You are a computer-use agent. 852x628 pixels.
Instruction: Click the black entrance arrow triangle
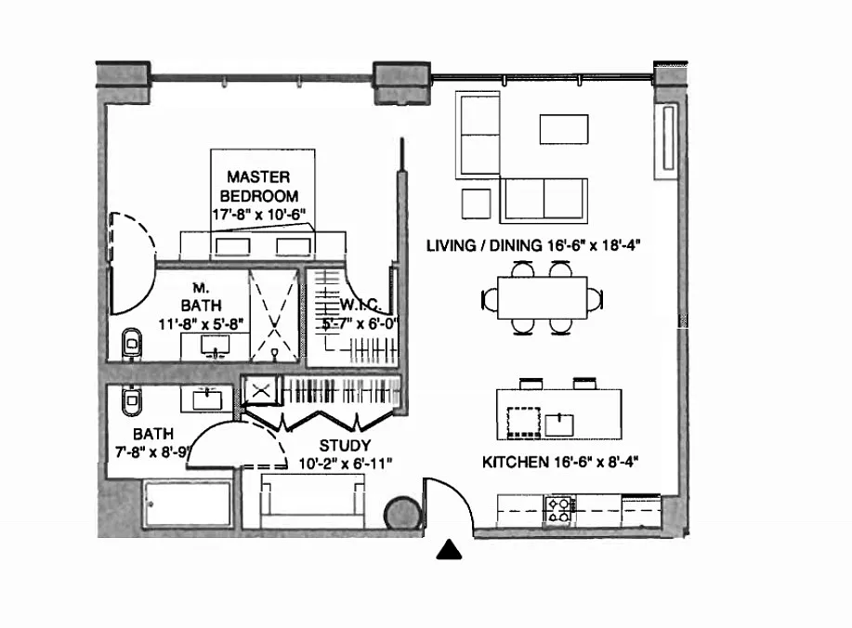[x=450, y=551]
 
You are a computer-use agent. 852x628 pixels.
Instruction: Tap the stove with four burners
[x=558, y=508]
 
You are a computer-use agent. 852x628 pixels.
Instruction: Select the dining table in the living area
[x=544, y=298]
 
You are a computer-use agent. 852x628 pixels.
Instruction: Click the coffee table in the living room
[x=564, y=128]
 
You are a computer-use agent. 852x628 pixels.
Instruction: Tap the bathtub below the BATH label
[x=187, y=505]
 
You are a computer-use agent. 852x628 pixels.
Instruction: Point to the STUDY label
[x=344, y=446]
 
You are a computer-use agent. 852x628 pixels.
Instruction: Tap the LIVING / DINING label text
[x=534, y=246]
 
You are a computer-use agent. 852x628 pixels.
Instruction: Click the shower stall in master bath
[x=274, y=314]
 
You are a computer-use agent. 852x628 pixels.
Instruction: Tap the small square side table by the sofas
[x=476, y=202]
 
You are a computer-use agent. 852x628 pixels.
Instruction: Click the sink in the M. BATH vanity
[x=216, y=347]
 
